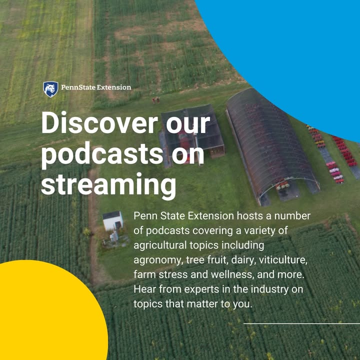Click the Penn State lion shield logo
coord(50,89)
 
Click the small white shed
coord(112,220)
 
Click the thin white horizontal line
coord(301,323)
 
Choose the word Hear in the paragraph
coord(144,289)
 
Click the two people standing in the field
coord(156,100)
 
